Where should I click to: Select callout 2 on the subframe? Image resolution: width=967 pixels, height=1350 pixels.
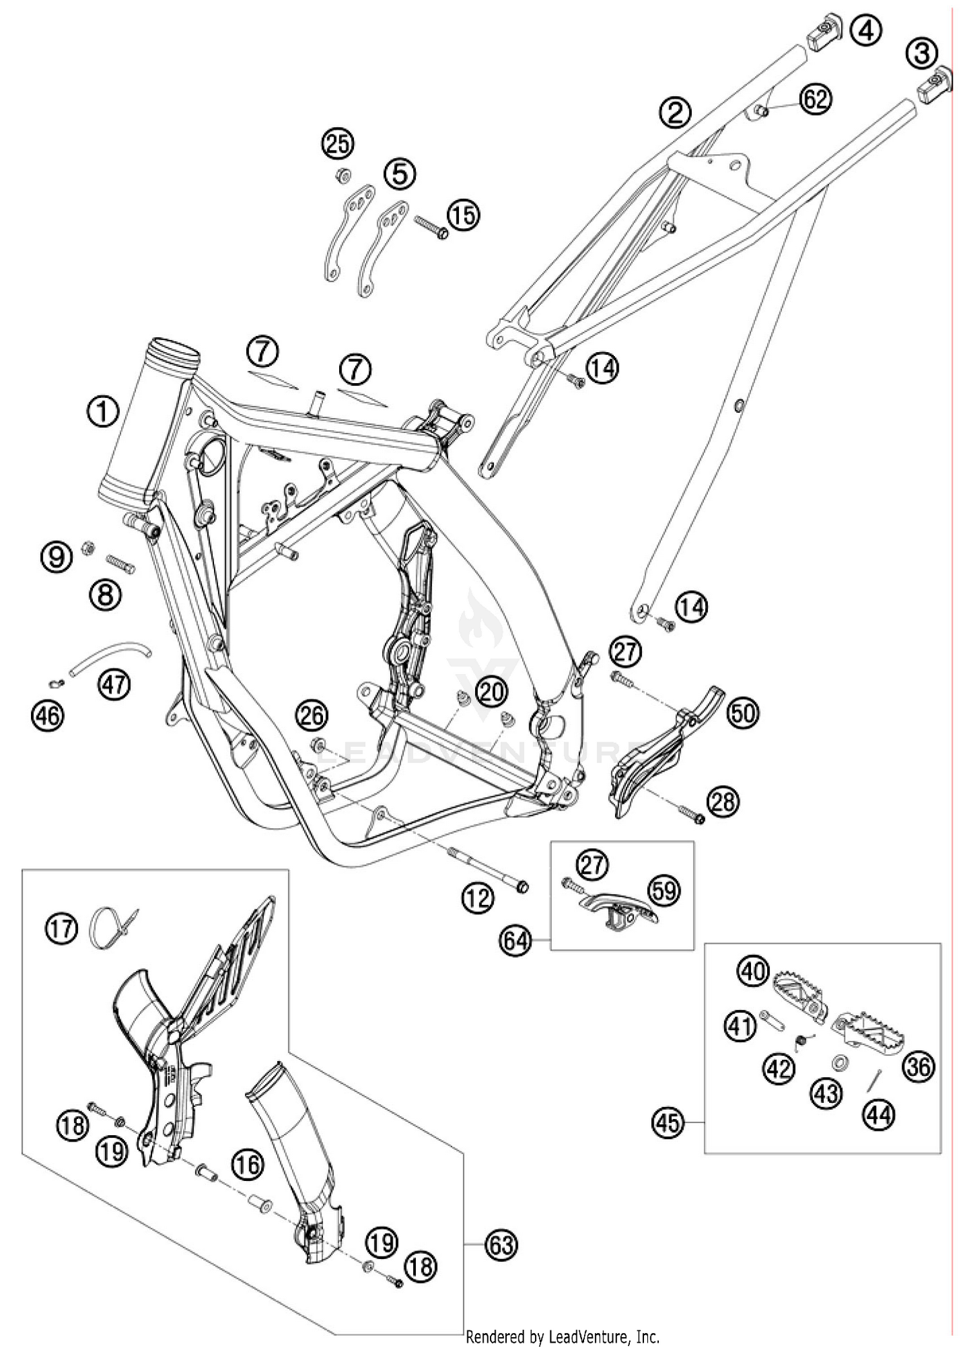[674, 114]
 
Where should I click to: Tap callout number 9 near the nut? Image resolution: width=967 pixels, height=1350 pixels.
[57, 555]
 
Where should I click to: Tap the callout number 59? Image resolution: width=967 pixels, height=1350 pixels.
[665, 891]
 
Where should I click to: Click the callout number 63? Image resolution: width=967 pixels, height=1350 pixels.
[501, 1244]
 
